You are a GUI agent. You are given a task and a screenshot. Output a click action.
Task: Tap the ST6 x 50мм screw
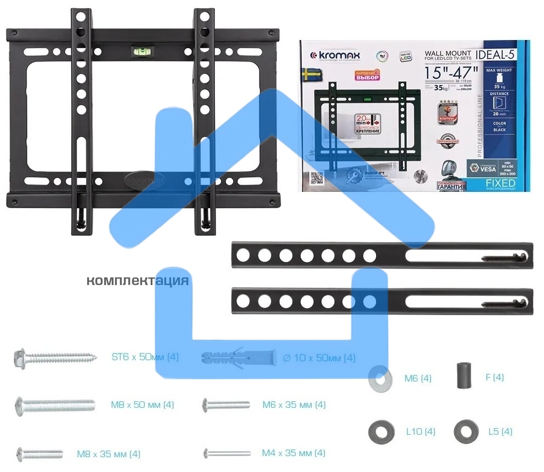[55, 358]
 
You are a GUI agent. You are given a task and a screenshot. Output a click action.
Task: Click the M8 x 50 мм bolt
[55, 406]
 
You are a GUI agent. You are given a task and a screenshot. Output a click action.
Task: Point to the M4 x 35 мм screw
[227, 453]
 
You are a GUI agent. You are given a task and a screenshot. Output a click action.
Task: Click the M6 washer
[379, 379]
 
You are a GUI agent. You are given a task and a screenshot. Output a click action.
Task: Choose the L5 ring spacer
[465, 431]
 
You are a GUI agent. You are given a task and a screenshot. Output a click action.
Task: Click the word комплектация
[138, 281]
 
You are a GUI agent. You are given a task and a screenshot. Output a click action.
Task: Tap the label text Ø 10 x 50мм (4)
[319, 358]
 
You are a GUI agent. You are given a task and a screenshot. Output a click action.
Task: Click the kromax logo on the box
[334, 55]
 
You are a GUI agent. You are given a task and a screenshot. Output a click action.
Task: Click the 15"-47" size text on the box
[451, 72]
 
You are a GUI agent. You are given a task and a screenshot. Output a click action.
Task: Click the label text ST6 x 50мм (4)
[145, 357]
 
